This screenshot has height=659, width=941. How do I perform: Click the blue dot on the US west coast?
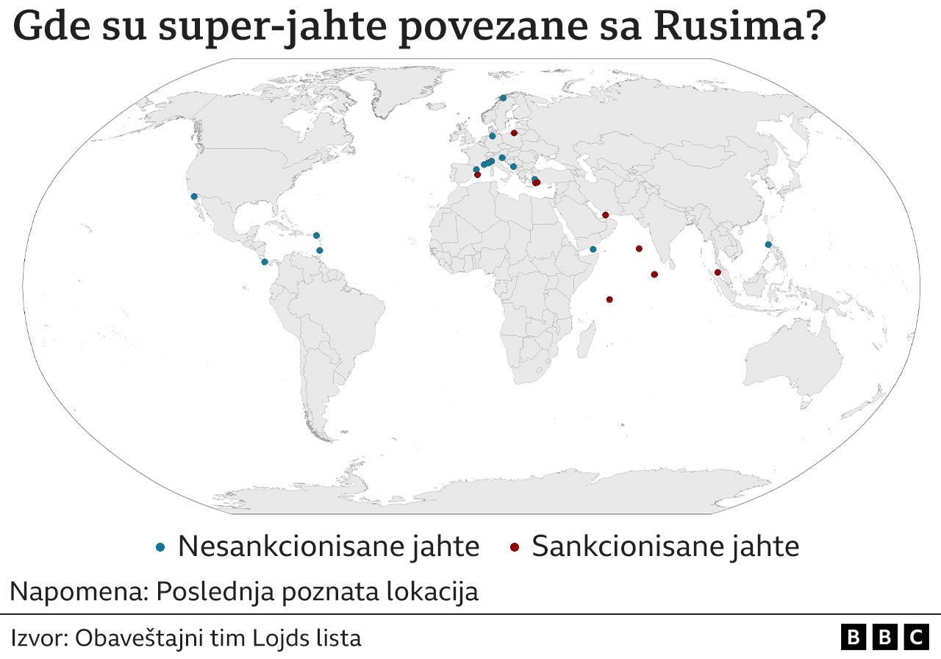(194, 196)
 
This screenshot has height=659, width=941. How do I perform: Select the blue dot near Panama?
(265, 262)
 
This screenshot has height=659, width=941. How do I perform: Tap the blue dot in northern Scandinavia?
(503, 98)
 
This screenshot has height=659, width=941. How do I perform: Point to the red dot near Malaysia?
(718, 272)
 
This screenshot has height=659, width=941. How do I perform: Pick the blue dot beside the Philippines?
(768, 244)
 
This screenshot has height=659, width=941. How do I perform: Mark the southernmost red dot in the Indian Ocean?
(609, 299)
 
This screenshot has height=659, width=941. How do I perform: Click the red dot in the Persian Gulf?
(606, 215)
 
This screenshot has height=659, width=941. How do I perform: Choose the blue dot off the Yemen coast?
(593, 249)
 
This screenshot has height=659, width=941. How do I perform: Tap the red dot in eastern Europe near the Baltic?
(515, 133)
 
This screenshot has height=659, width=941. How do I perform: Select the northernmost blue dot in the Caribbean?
(316, 235)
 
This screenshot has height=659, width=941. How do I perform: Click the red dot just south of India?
(654, 274)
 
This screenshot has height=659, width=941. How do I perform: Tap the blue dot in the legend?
(160, 546)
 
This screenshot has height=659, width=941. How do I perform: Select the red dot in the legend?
(515, 546)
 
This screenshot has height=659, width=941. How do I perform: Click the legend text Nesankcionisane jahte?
(329, 546)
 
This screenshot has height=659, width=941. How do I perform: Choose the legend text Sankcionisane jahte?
(665, 546)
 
